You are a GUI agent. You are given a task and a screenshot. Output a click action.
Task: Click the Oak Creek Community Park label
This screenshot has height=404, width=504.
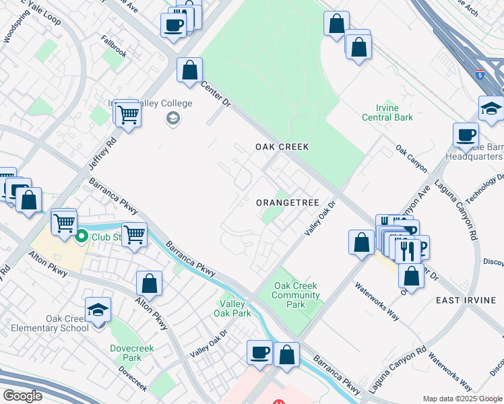coord(295,295)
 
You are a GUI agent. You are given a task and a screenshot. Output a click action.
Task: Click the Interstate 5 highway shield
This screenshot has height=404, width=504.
coord(480,73)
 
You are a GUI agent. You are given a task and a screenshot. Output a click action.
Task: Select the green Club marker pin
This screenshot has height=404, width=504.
coord(82,236)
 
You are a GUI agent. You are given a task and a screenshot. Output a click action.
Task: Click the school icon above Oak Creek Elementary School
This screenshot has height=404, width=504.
coord(98,310)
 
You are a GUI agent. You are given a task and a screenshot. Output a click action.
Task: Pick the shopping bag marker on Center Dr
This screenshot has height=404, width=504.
coord(190,69)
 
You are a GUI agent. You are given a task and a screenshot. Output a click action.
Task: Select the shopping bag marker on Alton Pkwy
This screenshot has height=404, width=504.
coord(150,283)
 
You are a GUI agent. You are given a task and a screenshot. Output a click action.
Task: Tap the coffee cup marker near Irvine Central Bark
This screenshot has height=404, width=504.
coord(466,135)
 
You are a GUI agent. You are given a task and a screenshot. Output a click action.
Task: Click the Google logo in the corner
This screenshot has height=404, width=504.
coord(22,395)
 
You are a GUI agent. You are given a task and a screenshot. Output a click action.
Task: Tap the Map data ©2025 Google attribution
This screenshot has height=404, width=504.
coord(462,399)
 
